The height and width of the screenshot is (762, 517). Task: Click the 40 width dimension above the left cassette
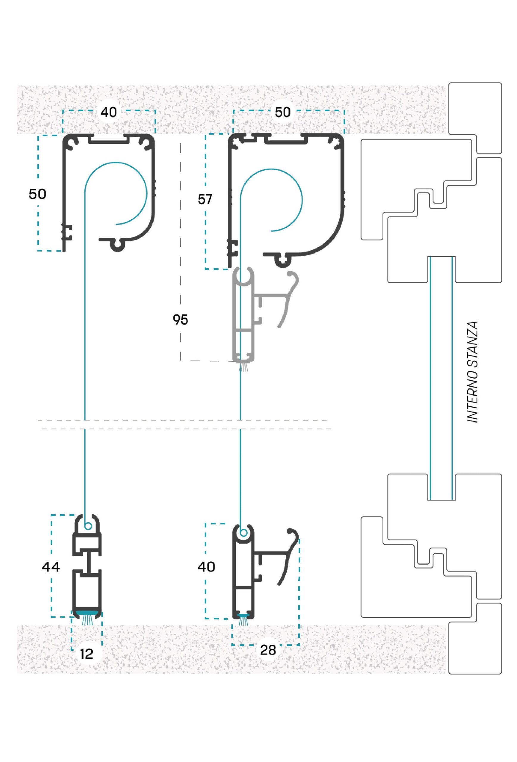pyautogui.click(x=109, y=113)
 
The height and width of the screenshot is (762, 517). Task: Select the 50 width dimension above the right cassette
pyautogui.click(x=282, y=113)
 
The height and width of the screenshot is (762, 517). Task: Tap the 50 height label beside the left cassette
pyautogui.click(x=38, y=194)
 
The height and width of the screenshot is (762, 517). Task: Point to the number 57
pyautogui.click(x=205, y=199)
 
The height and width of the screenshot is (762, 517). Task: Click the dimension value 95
pyautogui.click(x=180, y=320)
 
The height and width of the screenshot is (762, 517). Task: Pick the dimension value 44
pyautogui.click(x=51, y=566)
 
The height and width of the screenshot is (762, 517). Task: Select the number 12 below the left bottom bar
pyautogui.click(x=87, y=654)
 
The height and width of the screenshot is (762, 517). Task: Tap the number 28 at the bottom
pyautogui.click(x=268, y=650)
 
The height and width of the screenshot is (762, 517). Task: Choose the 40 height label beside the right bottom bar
pyautogui.click(x=206, y=566)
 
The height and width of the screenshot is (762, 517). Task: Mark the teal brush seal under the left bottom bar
pyautogui.click(x=87, y=616)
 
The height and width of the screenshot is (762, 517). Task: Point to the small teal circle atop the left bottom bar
pyautogui.click(x=88, y=527)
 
